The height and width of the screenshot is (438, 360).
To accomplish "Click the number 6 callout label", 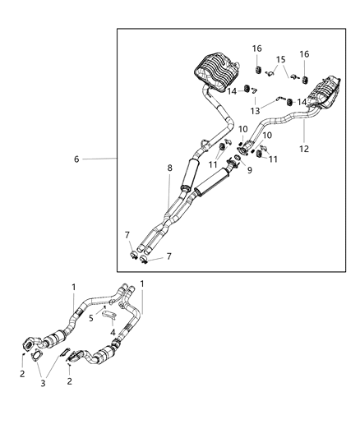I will [x=76, y=159].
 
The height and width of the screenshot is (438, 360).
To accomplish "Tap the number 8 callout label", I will [x=170, y=168].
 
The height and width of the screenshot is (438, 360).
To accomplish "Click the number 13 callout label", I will [x=255, y=110].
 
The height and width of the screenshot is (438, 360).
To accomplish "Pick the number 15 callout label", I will [x=281, y=60].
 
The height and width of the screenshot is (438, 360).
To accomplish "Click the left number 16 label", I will [x=257, y=49].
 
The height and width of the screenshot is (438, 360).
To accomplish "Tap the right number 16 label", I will [x=305, y=54].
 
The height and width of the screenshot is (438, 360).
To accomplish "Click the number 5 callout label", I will [x=91, y=317].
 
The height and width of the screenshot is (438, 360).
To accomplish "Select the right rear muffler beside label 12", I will [x=324, y=91].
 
